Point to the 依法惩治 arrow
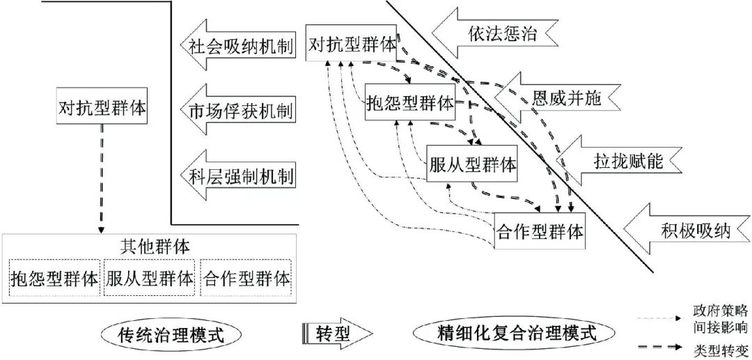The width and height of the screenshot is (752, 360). click(494, 33)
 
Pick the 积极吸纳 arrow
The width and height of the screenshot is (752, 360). click(686, 230)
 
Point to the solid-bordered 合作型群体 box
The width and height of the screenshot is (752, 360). click(540, 230)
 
